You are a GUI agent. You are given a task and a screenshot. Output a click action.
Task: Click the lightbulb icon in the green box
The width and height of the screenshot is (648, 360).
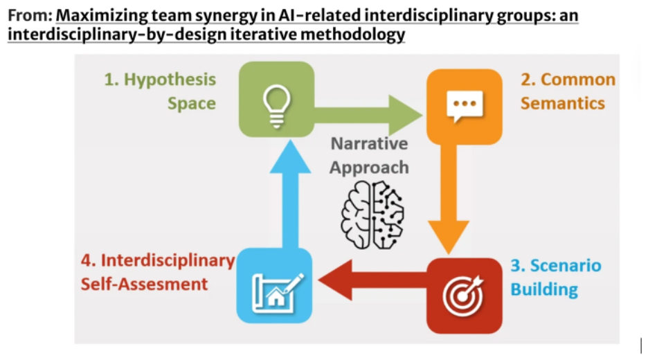click(276, 107)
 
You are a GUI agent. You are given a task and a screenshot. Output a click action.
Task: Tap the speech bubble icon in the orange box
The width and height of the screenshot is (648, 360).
click(464, 107)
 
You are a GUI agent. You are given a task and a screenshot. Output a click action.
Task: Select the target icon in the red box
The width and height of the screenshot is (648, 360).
click(464, 296)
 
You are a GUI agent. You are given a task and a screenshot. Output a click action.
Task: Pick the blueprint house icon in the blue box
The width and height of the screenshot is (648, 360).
click(276, 286)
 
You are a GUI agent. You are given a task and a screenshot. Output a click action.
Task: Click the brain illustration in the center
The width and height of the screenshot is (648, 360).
click(372, 214)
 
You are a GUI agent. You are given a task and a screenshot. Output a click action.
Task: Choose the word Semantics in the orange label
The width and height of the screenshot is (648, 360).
click(562, 103)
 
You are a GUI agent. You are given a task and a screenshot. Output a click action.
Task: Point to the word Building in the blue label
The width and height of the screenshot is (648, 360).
click(544, 289)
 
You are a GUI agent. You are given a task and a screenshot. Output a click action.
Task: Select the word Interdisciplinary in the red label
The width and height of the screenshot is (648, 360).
click(168, 260)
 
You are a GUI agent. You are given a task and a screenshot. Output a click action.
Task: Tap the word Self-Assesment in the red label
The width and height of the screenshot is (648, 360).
click(144, 284)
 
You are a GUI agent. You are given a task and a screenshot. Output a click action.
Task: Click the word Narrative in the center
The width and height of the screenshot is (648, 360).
click(369, 144)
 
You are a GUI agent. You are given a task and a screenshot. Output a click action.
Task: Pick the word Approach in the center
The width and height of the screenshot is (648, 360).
click(369, 168)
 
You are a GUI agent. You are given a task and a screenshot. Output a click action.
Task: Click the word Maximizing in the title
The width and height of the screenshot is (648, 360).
click(99, 15)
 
